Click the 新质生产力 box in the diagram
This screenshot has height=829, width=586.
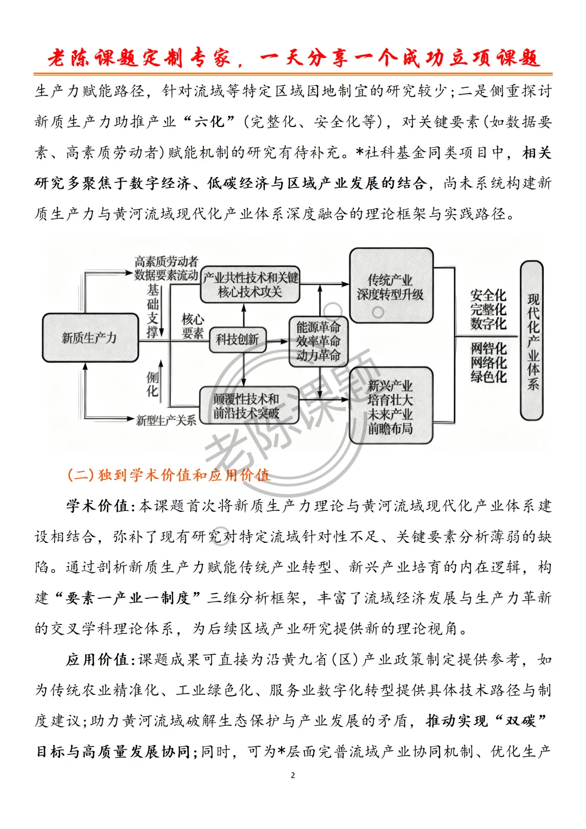coord(90,338)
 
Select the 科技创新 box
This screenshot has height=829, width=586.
coord(238,340)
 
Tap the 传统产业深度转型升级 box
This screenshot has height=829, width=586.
coord(391,287)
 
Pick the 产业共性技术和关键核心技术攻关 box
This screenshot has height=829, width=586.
coord(250,285)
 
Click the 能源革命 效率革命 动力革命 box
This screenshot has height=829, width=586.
coord(318,341)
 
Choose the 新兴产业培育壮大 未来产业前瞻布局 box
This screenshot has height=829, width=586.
coord(391,407)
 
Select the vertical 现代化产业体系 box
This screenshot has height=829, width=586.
coord(532,341)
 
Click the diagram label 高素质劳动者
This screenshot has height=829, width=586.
coord(166,262)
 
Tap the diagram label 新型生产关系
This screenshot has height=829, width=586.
coord(166,420)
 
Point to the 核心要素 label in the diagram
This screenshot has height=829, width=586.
coord(193,326)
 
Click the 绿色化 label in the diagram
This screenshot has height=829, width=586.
coord(488,377)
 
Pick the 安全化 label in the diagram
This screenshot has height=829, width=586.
coord(488,295)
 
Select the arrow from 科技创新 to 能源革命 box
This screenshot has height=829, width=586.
coord(277,341)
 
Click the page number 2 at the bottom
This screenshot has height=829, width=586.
coord(293,775)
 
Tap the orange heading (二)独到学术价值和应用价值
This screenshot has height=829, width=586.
coord(168,475)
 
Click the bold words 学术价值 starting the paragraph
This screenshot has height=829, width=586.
coord(98,506)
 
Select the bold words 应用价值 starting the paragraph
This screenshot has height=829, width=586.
coord(98,660)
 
